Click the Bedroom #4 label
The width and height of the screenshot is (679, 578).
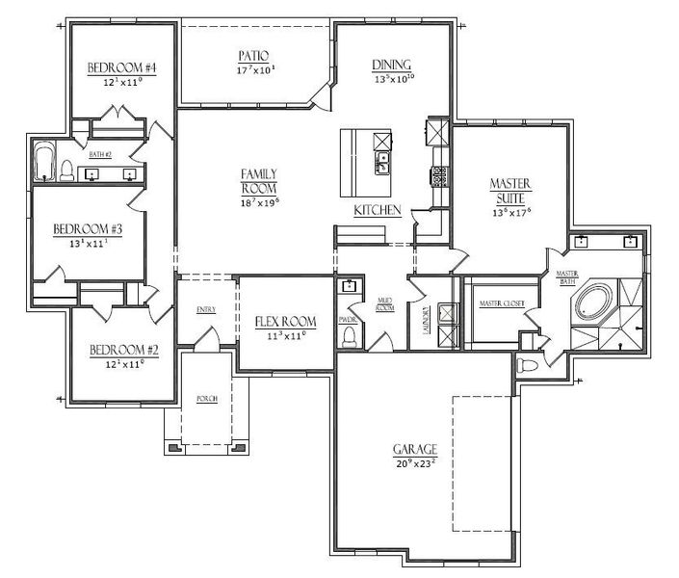[123, 68]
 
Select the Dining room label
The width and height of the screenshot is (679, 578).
[393, 66]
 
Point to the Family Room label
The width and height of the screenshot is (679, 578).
[259, 181]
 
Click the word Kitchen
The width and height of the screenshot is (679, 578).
[377, 210]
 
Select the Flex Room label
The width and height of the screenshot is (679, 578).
[286, 323]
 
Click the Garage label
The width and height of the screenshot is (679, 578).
[415, 450]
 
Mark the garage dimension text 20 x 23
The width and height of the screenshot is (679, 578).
[415, 463]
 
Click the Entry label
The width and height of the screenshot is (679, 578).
[206, 310]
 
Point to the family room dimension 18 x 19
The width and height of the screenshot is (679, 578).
[259, 202]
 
